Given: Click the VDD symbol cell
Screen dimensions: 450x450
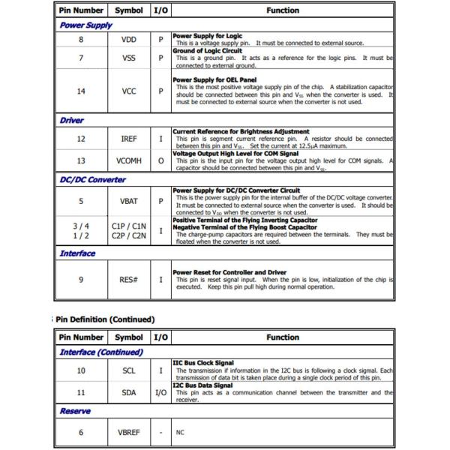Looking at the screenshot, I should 129,40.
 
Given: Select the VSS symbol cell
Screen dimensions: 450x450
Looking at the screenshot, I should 129,58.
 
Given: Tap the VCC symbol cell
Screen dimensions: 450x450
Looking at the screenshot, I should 129,91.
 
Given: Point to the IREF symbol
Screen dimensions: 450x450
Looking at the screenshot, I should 129,139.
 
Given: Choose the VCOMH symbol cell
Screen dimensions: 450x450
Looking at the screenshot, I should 129,160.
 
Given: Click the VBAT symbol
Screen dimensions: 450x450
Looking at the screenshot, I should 129,201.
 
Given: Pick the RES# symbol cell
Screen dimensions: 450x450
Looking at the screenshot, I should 129,280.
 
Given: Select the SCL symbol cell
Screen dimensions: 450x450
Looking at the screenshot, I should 129,370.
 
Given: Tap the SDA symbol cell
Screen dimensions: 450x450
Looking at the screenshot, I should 129,391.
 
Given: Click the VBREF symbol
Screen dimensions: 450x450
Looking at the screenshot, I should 129,433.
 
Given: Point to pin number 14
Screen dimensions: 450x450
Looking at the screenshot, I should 81,91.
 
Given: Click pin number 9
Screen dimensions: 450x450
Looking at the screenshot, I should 81,280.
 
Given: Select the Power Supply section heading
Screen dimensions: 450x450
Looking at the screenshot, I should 86,25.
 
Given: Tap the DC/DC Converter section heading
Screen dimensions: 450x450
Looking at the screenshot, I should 93,180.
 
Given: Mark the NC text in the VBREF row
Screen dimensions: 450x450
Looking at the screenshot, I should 180,433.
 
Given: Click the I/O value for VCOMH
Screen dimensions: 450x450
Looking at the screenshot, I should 160,160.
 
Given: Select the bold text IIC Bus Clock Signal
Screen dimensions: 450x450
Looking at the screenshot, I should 203,363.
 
